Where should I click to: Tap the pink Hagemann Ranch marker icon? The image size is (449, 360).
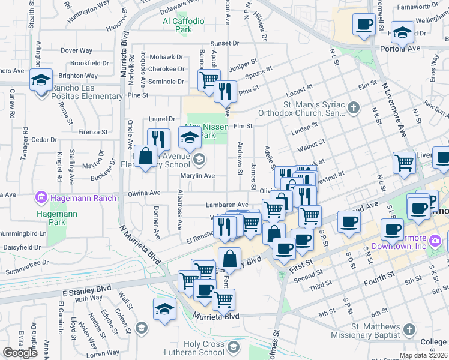click(x=41, y=196)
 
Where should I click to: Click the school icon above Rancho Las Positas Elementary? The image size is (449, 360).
click(x=41, y=80)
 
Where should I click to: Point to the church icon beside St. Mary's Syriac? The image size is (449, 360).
click(x=354, y=108)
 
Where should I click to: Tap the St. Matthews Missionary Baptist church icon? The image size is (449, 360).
click(x=409, y=329)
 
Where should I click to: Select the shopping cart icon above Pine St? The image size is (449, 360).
click(x=209, y=80)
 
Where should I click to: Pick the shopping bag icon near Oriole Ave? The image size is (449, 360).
click(x=145, y=157)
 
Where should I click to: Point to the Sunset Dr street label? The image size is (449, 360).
click(x=224, y=44)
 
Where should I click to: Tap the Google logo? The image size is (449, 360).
click(x=21, y=353)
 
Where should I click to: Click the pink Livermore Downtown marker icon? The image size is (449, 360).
click(x=435, y=241)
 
